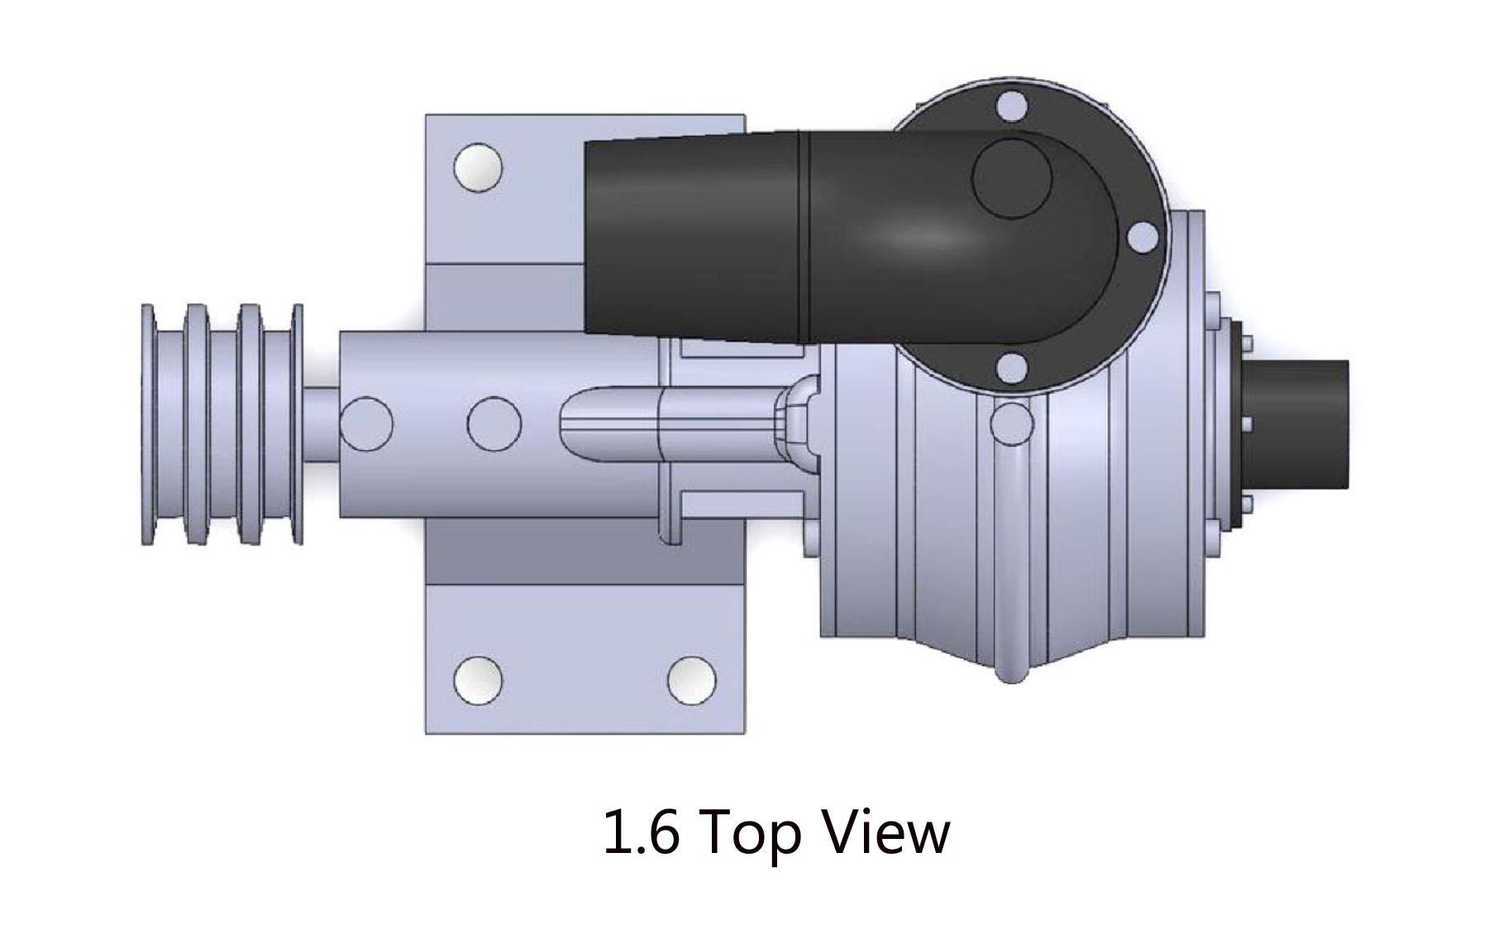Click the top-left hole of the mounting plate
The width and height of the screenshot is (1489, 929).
point(478,167)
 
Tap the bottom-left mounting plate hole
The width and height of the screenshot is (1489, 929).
point(478,680)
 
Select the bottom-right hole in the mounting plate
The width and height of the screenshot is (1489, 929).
point(691,680)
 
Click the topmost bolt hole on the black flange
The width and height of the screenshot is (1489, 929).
point(1012,107)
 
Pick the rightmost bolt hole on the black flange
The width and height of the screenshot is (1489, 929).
point(1143,237)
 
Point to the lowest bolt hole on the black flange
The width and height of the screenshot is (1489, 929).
point(1012,368)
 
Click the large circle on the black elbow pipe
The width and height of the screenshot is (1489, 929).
point(1011,178)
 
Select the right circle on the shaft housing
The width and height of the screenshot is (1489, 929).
point(494,423)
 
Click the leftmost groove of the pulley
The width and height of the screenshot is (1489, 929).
point(171,424)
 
